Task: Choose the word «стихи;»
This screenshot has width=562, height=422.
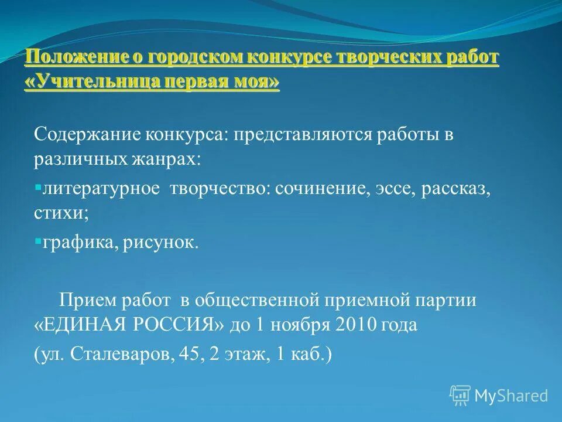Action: click(x=61, y=215)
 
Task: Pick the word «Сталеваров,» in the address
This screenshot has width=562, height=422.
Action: click(x=124, y=355)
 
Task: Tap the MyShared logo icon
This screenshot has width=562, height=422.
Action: click(x=460, y=395)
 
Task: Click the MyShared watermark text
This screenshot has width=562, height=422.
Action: click(x=511, y=396)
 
